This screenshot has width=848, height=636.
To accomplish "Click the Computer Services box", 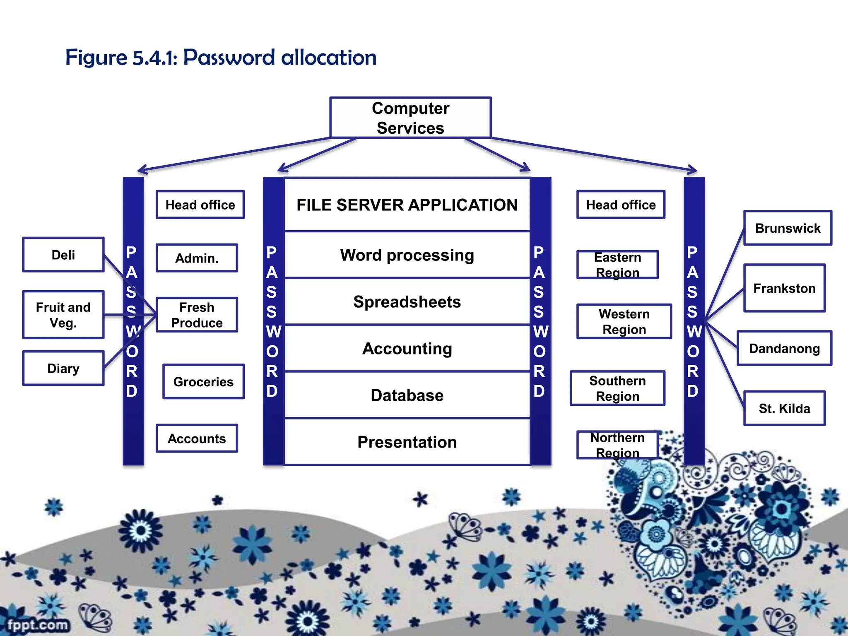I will [410, 118].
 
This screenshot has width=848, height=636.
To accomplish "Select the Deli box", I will [63, 255].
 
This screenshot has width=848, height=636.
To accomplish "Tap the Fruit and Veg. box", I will [63, 315].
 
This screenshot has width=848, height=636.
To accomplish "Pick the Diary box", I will [63, 368].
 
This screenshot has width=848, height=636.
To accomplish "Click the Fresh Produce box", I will [197, 315].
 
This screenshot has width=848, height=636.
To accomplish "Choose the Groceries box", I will [203, 381].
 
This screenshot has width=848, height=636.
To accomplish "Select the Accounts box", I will [197, 438].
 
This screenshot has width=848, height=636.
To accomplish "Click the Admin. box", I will [197, 258].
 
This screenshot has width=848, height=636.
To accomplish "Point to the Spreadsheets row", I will [407, 301].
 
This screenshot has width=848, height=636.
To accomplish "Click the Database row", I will [407, 395].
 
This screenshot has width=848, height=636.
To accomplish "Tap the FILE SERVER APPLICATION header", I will [407, 205].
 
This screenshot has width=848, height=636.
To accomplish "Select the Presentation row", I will [407, 442].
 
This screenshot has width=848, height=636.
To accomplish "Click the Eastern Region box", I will [617, 265].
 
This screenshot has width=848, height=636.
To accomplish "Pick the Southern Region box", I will [617, 388].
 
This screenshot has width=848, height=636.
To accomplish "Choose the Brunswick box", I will [788, 228].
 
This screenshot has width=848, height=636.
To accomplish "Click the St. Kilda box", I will [784, 408].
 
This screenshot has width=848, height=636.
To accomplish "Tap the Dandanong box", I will [784, 348].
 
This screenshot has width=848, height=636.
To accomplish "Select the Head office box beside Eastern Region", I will [621, 205].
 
